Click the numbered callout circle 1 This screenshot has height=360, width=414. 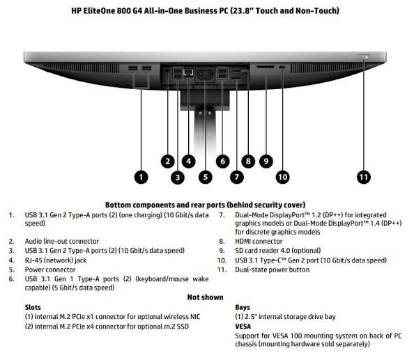coord(141,177)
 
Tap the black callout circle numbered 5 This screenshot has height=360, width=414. coord(206,177)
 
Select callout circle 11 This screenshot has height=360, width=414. coord(364,177)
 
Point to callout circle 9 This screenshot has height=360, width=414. coord(266,161)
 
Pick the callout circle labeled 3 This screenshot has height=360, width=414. coord(178,178)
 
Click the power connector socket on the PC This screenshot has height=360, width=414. coord(205,75)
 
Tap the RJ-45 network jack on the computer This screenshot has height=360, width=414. coord(188,72)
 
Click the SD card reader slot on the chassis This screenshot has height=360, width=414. coord(266,68)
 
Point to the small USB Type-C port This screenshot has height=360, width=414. coord(282,68)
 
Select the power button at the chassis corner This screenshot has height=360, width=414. coord(363,57)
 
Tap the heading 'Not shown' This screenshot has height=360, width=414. coord(205,297)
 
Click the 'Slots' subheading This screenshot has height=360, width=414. coord(33,307)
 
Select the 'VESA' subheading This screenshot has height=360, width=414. coord(243,327)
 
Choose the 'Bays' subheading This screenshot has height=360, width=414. coord(243,308)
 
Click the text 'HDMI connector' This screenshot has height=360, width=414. coord(259,242)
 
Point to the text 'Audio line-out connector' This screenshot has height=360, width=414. coord(62,242)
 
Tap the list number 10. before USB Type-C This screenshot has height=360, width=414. coord(222,260)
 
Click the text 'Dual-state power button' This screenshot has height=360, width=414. coord(273,269)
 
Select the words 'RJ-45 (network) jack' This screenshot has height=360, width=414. coord(56,260)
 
